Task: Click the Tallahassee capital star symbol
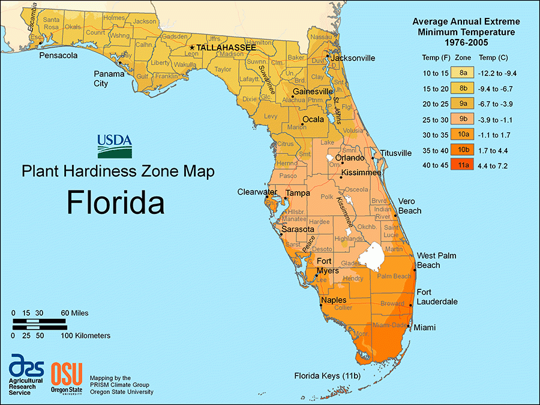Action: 192,47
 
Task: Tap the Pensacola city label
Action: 58,56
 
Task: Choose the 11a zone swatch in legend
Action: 463,165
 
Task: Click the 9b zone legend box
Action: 463,119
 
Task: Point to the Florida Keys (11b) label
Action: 326,376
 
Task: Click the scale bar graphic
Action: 39,324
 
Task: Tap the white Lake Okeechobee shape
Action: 372,256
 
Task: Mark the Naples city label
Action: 334,300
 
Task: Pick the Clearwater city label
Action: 257,192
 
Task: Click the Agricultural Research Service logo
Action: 25,374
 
